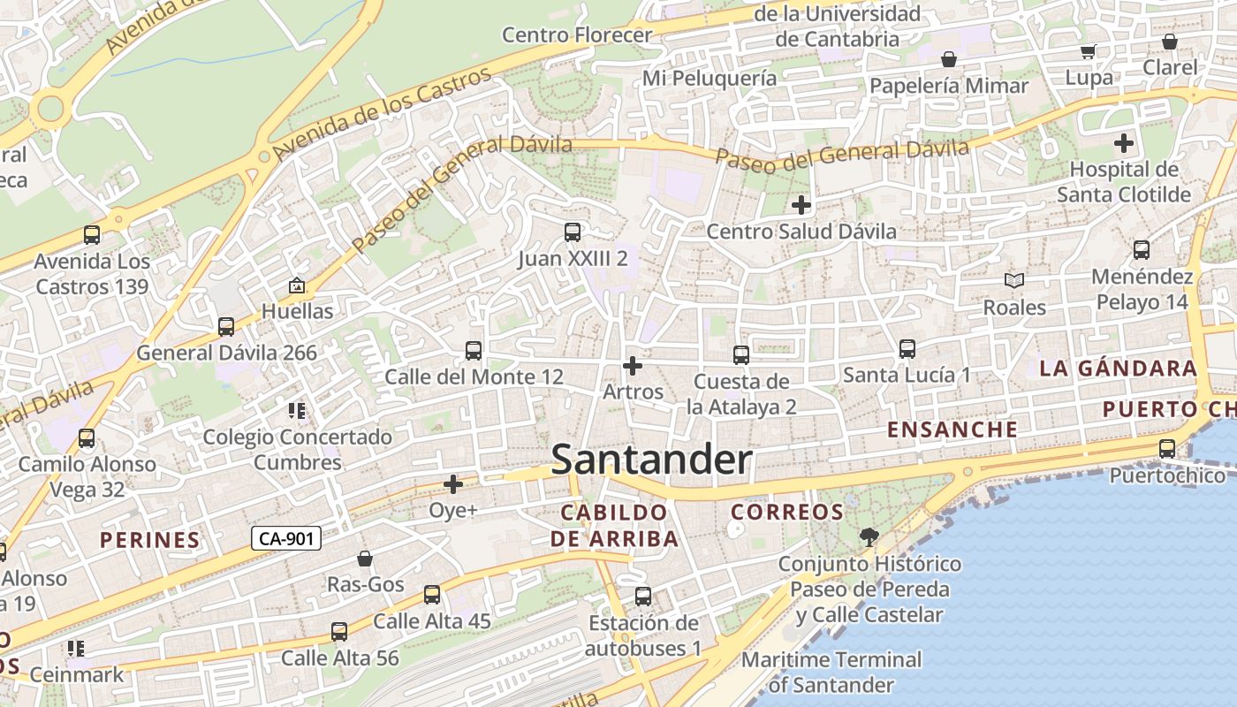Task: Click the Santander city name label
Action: (x=652, y=460)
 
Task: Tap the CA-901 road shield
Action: (x=285, y=538)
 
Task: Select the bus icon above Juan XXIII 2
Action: (x=573, y=232)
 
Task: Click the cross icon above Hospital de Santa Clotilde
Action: (x=1123, y=142)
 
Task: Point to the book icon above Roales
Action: (x=1014, y=281)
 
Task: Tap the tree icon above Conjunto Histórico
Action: (x=869, y=536)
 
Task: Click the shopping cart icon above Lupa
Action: (x=1089, y=51)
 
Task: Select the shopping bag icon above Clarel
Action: (x=1170, y=42)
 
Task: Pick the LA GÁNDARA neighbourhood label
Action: (x=1118, y=369)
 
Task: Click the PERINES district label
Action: (x=149, y=540)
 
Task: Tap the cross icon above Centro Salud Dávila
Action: (x=801, y=205)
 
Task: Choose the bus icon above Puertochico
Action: (x=1167, y=449)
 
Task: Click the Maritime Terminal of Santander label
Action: (x=831, y=672)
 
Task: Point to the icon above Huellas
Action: (x=296, y=285)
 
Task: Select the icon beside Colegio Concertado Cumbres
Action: (x=297, y=411)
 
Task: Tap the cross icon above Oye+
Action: (x=453, y=484)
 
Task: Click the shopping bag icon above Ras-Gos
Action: (x=365, y=559)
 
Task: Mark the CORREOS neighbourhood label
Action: (x=787, y=513)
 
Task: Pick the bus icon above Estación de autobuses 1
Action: (x=643, y=597)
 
